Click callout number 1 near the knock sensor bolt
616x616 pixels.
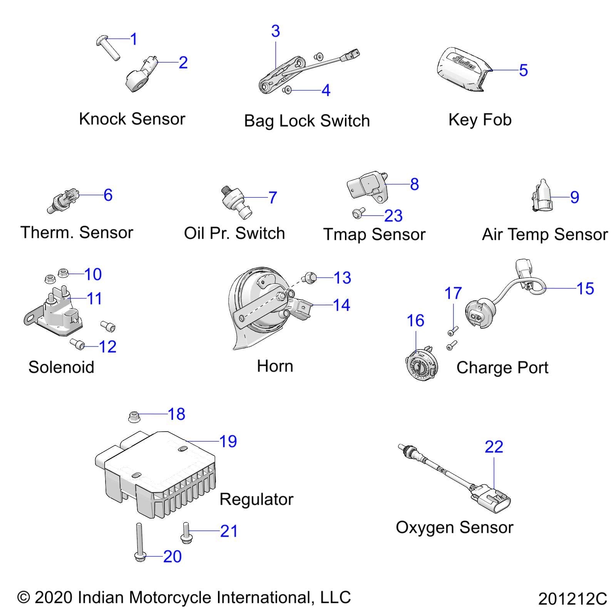click(x=134, y=39)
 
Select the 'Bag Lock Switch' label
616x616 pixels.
click(x=307, y=121)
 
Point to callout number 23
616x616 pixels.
click(x=393, y=216)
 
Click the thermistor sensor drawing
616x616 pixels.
click(x=64, y=200)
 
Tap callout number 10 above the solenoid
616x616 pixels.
click(x=93, y=275)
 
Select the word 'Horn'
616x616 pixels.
click(x=275, y=366)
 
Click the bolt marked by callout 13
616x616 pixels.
click(x=310, y=277)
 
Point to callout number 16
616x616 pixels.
click(x=415, y=321)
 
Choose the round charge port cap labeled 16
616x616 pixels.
click(x=420, y=365)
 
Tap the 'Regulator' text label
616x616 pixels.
click(x=256, y=499)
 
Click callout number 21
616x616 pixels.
click(x=229, y=531)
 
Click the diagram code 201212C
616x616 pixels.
click(x=572, y=599)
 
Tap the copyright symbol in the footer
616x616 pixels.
click(x=23, y=598)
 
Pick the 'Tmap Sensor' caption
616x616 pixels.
click(x=374, y=234)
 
